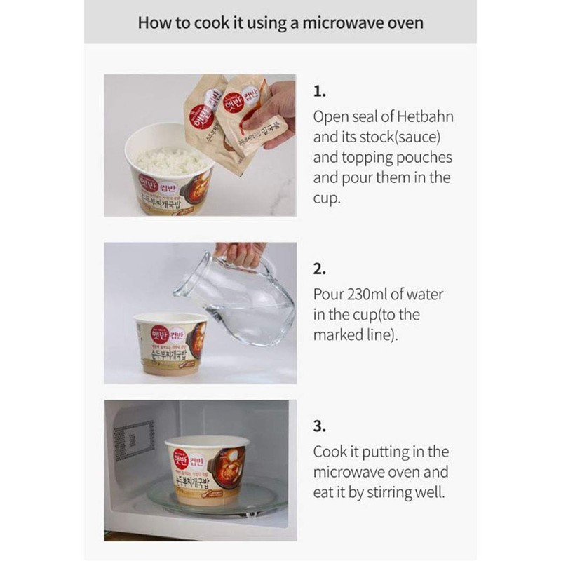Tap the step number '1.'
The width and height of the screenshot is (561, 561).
(320, 91)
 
